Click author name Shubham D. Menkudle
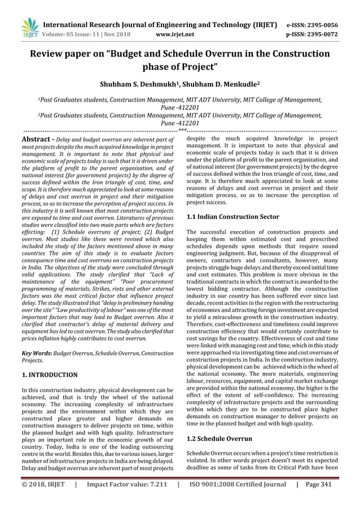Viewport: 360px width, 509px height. pyautogui.click(x=222, y=85)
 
